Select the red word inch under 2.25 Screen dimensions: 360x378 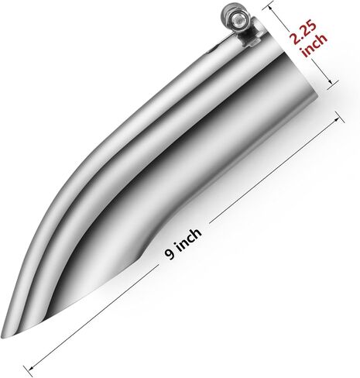coord(315,46)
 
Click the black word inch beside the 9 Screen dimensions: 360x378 coord(189,239)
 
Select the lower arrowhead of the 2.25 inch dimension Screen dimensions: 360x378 coord(330,81)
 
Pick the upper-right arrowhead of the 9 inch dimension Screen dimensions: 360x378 coord(337,119)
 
